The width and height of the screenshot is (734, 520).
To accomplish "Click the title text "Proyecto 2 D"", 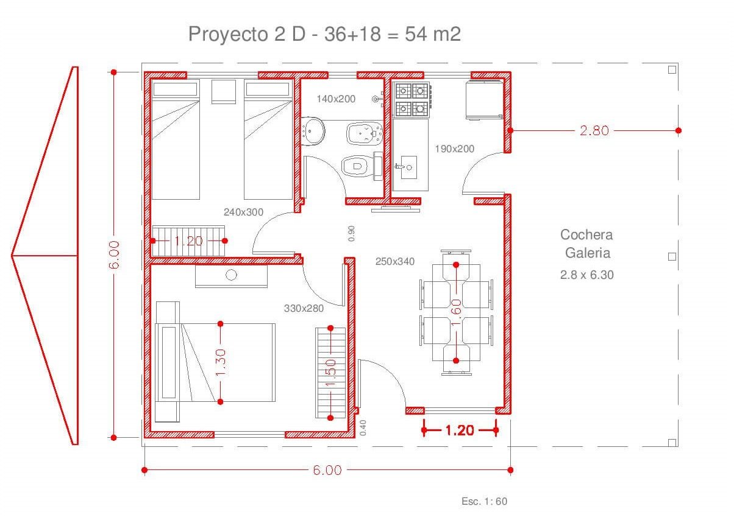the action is [x=247, y=34].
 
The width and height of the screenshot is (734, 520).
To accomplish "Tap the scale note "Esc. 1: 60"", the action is [x=484, y=501].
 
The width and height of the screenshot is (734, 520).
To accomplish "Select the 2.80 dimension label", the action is [x=594, y=130].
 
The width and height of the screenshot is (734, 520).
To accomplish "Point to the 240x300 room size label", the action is [x=243, y=212].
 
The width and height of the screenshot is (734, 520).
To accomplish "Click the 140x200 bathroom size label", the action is [x=336, y=99].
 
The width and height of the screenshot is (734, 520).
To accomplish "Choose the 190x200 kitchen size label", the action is [x=455, y=149].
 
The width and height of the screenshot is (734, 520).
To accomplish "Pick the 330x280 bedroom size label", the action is [x=304, y=308].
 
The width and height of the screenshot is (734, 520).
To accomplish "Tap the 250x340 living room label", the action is [x=395, y=261].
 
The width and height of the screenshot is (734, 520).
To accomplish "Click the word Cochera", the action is [x=586, y=234].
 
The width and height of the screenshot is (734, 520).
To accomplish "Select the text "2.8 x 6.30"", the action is [x=587, y=275].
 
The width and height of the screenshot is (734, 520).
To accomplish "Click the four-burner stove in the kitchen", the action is [x=413, y=100].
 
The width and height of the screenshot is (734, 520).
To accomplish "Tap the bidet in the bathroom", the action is [x=365, y=133].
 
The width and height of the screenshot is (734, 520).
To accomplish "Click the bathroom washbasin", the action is [x=313, y=131].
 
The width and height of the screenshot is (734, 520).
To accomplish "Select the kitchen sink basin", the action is [x=408, y=167].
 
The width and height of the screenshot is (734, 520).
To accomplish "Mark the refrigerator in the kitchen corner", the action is [x=485, y=99].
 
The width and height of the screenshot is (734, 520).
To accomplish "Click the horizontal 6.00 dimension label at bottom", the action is [x=327, y=470].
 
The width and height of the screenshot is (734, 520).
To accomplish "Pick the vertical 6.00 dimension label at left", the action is [x=114, y=255].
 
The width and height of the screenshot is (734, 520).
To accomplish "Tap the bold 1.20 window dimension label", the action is [x=460, y=430].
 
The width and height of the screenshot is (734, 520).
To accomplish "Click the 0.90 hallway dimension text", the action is [x=351, y=233].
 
